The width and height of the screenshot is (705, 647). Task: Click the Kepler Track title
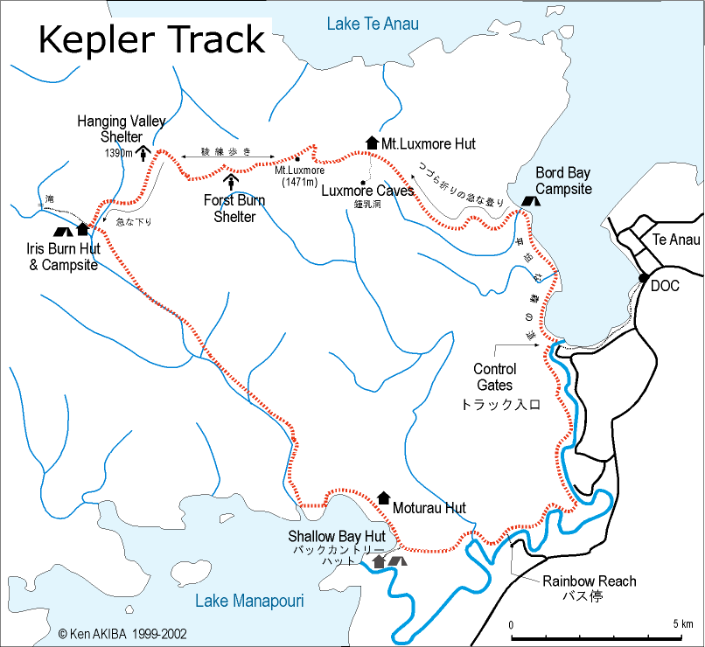(150, 39)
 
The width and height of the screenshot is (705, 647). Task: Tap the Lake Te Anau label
(373, 24)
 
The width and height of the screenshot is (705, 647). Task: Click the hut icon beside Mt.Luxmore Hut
(372, 143)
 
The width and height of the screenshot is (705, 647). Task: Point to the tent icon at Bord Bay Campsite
(529, 200)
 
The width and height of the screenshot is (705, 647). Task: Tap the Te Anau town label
(675, 240)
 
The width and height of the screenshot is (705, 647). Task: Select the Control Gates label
(494, 377)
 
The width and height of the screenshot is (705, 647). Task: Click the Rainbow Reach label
(589, 581)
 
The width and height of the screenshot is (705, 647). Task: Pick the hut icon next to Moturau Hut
(383, 497)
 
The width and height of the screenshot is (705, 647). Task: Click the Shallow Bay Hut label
(337, 536)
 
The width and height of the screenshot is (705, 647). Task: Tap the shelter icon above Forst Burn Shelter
(232, 181)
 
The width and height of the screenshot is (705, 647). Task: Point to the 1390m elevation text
(118, 153)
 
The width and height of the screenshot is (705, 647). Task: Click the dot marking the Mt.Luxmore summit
(297, 159)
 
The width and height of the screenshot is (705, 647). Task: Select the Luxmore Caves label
(367, 191)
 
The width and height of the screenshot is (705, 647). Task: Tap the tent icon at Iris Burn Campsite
(62, 232)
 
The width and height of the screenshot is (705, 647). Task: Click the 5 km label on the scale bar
(683, 623)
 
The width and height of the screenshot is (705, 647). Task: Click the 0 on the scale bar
(511, 623)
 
